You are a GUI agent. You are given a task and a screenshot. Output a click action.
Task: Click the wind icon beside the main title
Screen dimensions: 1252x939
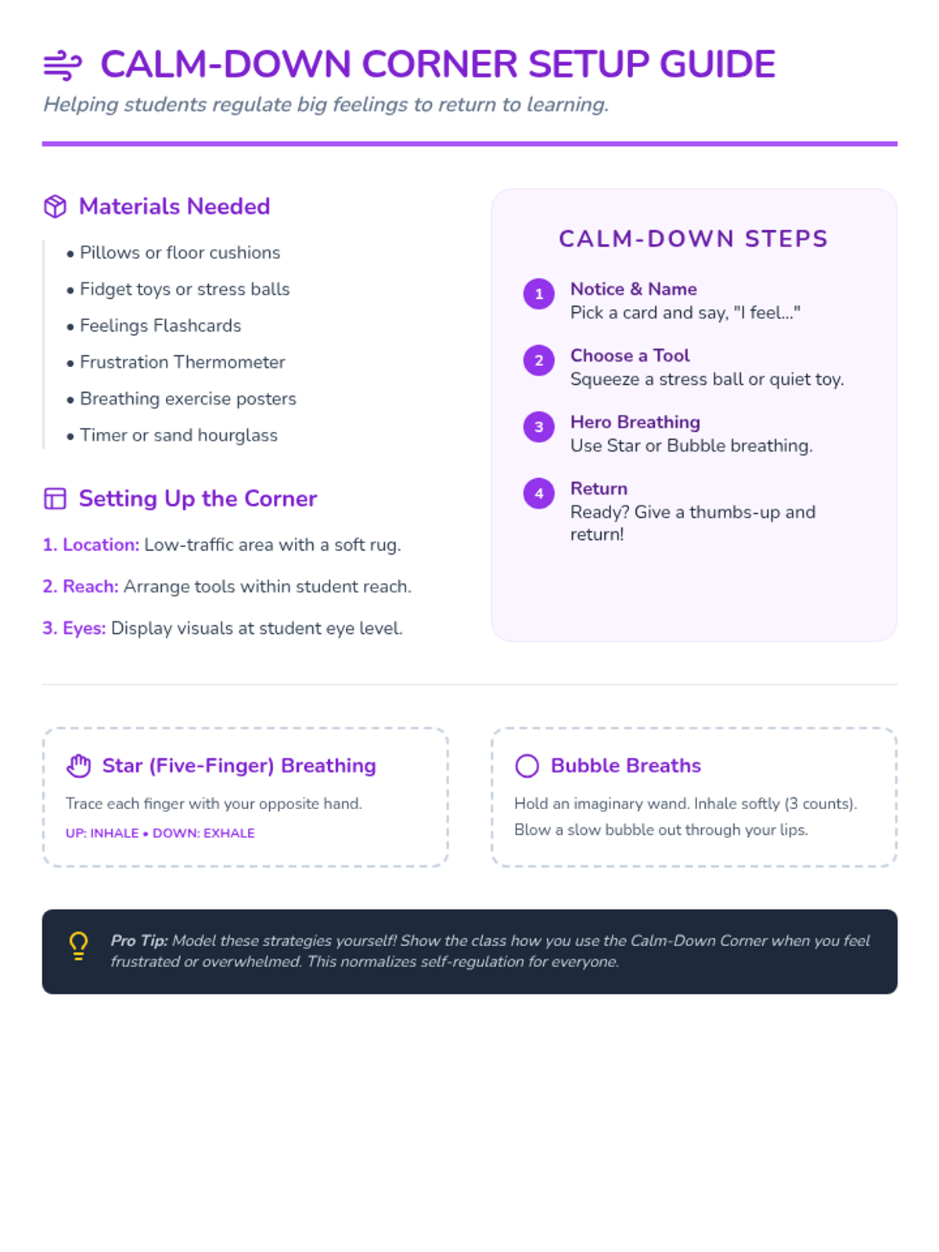pos(63,66)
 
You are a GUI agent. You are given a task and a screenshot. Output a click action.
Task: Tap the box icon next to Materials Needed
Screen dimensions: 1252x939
pos(55,207)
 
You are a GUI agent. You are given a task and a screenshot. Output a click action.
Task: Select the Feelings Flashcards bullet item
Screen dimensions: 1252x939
pos(160,326)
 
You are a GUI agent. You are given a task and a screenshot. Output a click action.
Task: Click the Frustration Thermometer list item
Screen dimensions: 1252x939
pos(182,362)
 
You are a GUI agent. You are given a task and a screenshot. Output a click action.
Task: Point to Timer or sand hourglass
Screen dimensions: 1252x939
pos(178,435)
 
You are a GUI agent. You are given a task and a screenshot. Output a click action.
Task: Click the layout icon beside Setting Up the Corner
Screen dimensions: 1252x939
pos(55,498)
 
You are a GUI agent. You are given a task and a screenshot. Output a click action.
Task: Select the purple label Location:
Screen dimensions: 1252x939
pos(100,545)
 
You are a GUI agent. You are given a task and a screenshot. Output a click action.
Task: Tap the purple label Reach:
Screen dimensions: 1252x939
pos(90,587)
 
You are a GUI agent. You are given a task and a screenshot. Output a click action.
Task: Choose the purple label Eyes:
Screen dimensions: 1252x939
pos(84,628)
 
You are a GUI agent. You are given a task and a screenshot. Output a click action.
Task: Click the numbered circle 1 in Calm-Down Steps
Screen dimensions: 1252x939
pos(538,294)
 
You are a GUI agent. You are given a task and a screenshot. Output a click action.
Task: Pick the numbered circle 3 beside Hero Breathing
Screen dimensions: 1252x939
pos(538,427)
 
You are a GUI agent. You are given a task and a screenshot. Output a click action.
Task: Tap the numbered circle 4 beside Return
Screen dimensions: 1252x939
pos(538,494)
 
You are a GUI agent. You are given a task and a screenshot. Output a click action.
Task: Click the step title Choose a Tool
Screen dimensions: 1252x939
pos(630,355)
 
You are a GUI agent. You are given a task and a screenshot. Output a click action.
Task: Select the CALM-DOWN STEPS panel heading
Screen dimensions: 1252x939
pos(693,239)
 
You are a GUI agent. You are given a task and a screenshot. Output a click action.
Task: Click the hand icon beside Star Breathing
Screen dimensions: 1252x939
pos(78,765)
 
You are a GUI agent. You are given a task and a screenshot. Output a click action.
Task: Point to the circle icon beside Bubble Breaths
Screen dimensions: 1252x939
pos(527,765)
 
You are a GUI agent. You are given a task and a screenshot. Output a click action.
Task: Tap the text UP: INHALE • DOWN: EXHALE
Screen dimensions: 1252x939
pos(160,833)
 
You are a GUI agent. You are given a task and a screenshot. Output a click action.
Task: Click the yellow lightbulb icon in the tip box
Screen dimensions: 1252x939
pos(78,945)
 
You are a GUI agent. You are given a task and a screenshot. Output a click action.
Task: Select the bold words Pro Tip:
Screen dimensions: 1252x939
pos(139,941)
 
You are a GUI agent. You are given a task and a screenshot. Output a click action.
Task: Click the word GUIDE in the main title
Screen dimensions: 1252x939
pos(718,65)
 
